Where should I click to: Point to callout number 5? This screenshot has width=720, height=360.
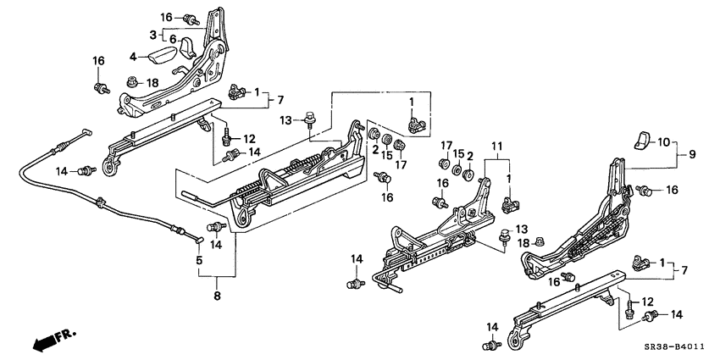click(200, 260)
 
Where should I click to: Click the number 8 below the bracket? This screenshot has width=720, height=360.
click(217, 296)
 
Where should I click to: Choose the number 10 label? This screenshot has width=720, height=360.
click(663, 141)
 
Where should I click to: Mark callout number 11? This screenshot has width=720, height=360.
click(497, 145)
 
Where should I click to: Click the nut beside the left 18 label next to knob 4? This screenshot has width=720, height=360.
click(132, 82)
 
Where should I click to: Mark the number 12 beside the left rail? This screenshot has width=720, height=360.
click(248, 139)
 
